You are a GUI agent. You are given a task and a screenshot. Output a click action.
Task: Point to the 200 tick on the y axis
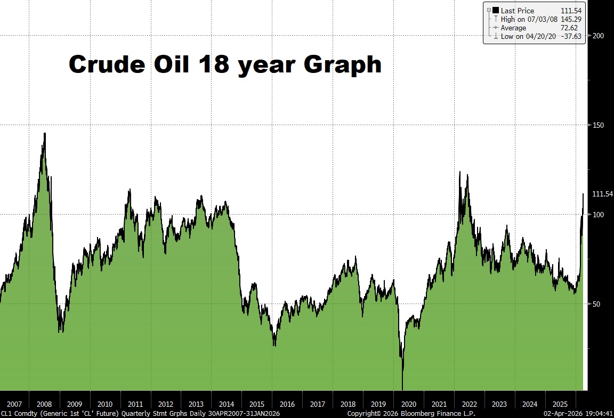pos(599,36)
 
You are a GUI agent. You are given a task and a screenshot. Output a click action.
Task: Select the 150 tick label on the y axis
pos(599,125)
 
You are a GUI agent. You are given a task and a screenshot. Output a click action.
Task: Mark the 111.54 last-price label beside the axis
pos(603,194)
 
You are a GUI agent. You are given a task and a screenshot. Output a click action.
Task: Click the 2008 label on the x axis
pos(45,404)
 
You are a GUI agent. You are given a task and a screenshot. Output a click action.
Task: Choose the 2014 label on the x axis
pos(227,404)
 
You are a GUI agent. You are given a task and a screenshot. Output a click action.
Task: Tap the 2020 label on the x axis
pos(409,404)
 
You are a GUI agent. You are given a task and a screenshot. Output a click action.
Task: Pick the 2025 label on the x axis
pos(560,404)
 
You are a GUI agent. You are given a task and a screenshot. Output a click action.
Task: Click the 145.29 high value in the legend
pos(571,19)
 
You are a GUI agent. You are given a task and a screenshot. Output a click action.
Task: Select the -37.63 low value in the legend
pos(571,36)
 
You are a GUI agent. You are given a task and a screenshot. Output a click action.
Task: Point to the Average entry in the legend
pos(513,28)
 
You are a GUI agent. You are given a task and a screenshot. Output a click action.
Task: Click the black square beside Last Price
pos(496,10)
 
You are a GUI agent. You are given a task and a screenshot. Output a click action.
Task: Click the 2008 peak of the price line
pos(45,133)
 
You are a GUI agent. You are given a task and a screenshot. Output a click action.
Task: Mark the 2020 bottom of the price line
pos(402,389)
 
